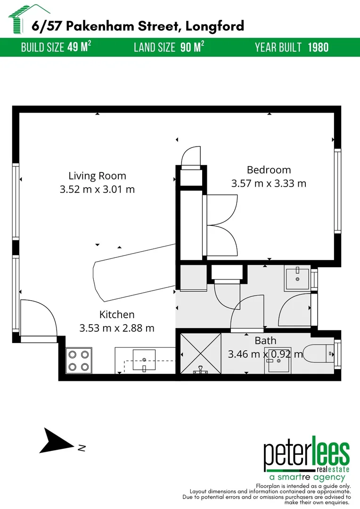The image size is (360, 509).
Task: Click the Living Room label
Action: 97,176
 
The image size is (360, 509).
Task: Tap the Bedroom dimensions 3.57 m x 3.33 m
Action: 269,183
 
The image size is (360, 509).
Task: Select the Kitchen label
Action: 117,314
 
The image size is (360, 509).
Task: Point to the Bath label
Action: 265,340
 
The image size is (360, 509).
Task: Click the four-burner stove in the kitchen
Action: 78,361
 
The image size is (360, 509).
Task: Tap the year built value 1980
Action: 318,48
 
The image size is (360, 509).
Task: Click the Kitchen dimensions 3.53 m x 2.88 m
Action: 117,328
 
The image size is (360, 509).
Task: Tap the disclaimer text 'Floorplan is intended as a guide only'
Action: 303,486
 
